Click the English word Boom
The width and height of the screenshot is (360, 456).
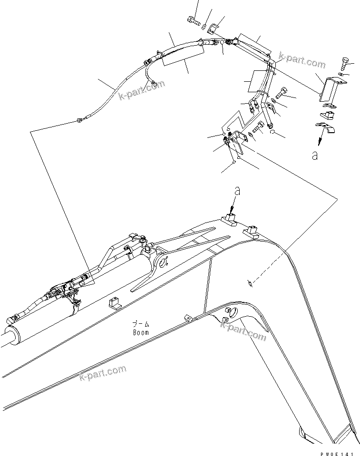tap(140, 332)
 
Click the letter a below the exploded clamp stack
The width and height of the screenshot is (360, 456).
tap(314, 155)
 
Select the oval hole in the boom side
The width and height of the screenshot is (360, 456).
tap(228, 311)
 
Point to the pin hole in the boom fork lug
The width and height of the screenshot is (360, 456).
tap(166, 261)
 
